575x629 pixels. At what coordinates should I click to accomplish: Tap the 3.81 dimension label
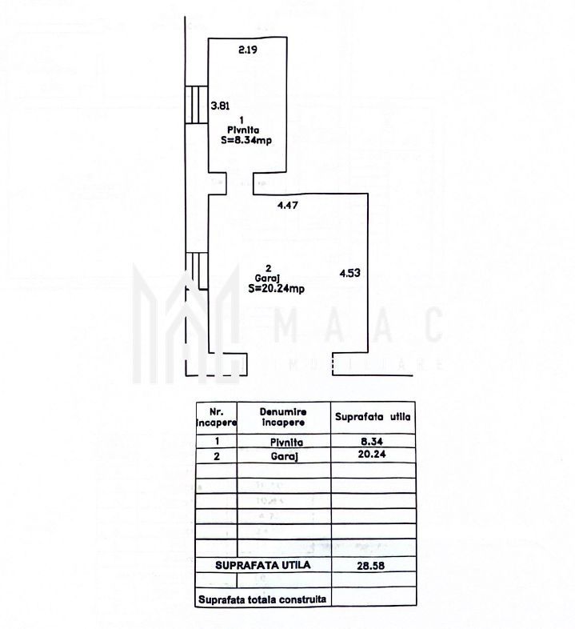[219, 105]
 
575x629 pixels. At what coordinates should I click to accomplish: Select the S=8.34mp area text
[247, 140]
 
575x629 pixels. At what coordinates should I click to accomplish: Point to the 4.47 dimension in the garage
[288, 206]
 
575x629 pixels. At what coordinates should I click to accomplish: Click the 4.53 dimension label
[350, 273]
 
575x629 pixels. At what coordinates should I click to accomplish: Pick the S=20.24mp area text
[275, 289]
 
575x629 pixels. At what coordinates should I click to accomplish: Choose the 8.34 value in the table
[370, 440]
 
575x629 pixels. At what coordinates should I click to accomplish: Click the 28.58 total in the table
[372, 566]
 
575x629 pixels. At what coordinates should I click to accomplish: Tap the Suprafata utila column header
[372, 417]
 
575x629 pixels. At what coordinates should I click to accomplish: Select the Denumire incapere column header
[283, 416]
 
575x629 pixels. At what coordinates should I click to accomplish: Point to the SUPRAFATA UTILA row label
[262, 565]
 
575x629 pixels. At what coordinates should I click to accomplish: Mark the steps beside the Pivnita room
[196, 105]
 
